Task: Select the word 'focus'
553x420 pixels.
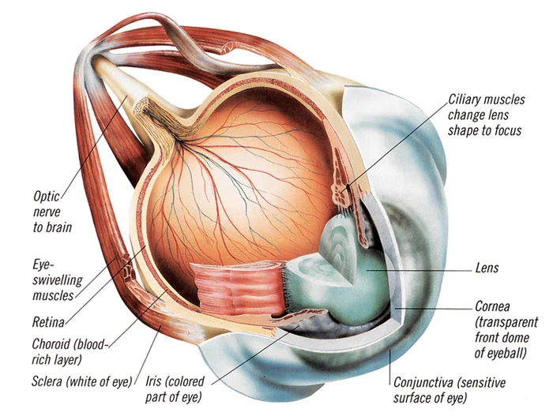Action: coord(507,130)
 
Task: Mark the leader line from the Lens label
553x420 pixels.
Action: coord(427,268)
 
